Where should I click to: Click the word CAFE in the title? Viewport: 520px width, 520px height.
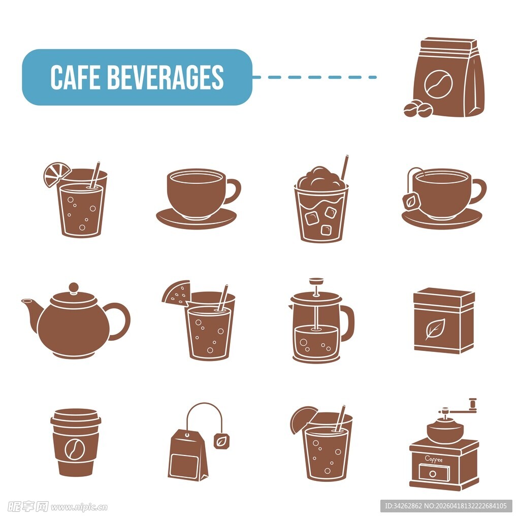pos(75,77)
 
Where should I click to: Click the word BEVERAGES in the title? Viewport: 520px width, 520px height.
pos(166,77)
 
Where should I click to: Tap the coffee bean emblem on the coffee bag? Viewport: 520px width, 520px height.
pos(438,84)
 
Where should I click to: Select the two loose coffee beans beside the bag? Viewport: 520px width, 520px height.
pos(418,109)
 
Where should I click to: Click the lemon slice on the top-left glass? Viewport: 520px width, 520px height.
pos(56,174)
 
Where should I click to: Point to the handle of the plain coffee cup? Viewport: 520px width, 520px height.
pos(233,191)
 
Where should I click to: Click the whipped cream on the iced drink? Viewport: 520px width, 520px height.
pos(320,178)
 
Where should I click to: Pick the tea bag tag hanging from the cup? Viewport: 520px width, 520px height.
pos(411,201)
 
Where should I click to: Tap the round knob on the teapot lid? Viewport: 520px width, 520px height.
pos(74,288)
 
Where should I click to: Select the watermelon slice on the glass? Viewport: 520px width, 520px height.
pos(177,292)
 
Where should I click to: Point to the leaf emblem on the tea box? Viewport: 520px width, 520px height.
pos(435,329)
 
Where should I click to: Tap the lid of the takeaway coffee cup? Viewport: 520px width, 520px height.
pos(76,416)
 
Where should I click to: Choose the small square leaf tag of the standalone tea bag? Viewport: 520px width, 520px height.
pos(222,440)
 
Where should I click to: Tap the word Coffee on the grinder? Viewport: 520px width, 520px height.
pos(434,459)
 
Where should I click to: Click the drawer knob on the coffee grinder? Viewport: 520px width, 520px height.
pos(433,474)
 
